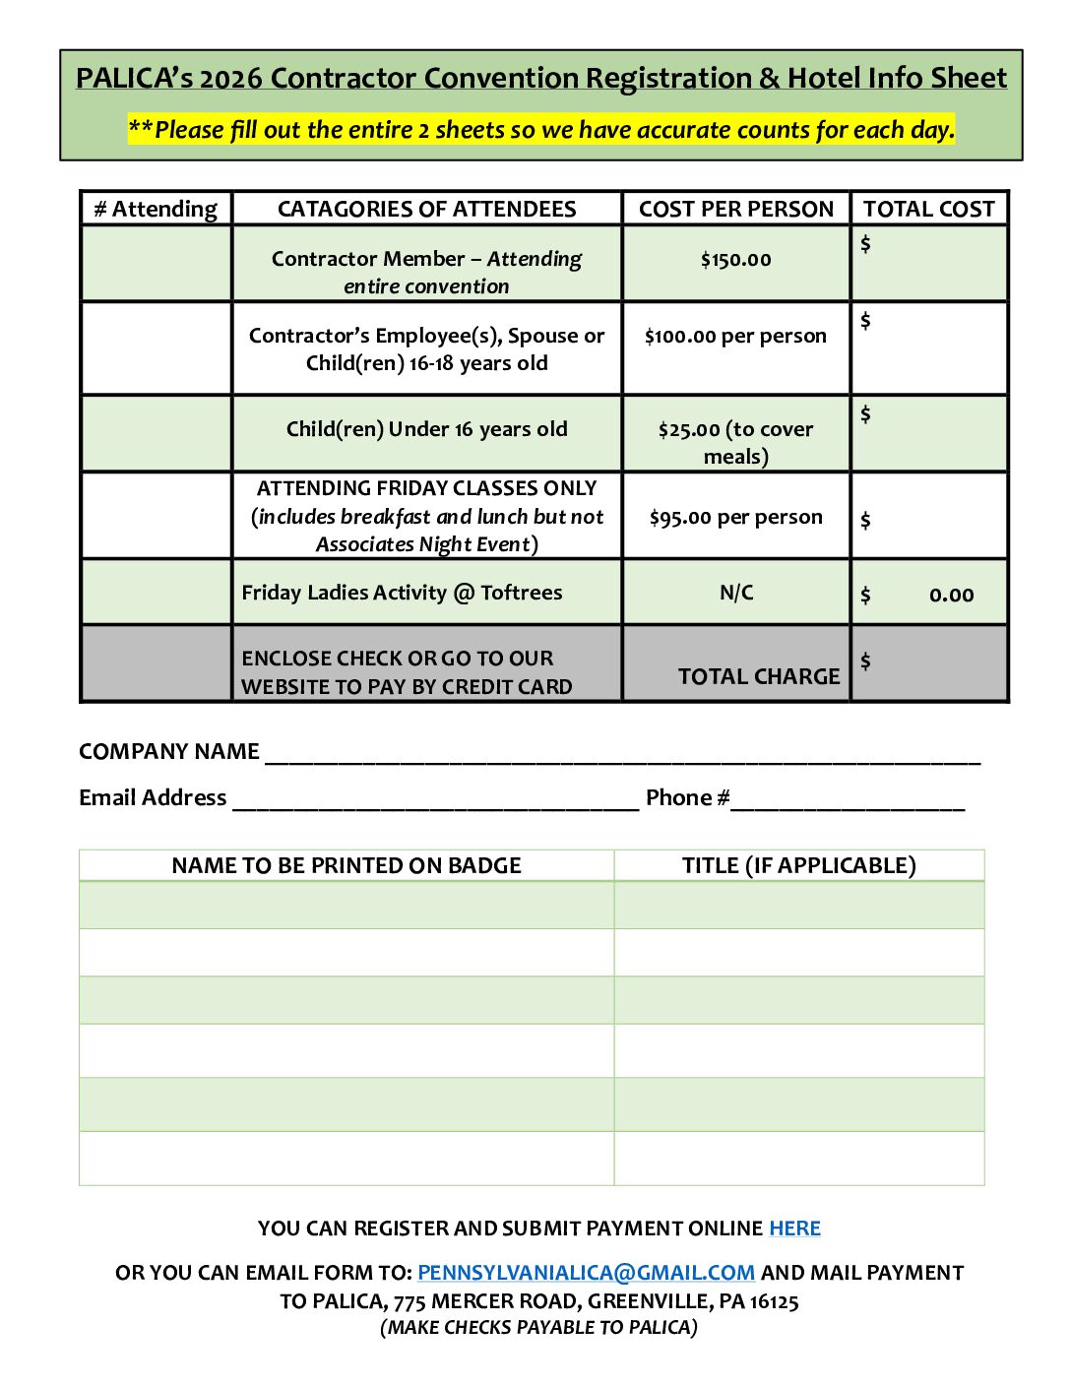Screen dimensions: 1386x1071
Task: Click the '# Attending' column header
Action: point(156,209)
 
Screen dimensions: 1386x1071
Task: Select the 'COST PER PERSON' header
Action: point(735,209)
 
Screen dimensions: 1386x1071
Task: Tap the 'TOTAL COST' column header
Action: point(929,209)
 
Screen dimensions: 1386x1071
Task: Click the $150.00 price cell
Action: point(735,260)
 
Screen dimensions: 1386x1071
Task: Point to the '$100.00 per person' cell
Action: point(735,336)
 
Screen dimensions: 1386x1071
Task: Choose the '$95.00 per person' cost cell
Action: point(735,517)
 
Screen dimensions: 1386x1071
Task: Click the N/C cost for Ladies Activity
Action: point(736,593)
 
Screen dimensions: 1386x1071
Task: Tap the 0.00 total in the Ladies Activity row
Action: point(951,595)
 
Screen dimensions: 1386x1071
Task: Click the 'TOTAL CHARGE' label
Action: point(759,676)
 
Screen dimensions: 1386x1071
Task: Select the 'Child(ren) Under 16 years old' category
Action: point(426,429)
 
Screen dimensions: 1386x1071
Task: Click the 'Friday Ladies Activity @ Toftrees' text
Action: point(402,593)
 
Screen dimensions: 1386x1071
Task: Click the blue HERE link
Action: point(794,1228)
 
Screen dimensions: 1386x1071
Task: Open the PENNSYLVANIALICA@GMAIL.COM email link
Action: point(586,1273)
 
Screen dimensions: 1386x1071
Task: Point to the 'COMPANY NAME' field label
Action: point(169,752)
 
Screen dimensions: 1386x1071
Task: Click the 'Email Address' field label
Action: point(153,797)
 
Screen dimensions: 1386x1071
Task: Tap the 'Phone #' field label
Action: point(687,797)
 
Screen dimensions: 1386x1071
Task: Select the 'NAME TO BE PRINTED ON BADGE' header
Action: point(346,865)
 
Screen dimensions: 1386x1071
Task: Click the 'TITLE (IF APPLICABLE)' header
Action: point(798,865)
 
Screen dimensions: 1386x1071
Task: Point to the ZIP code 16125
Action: point(774,1301)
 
